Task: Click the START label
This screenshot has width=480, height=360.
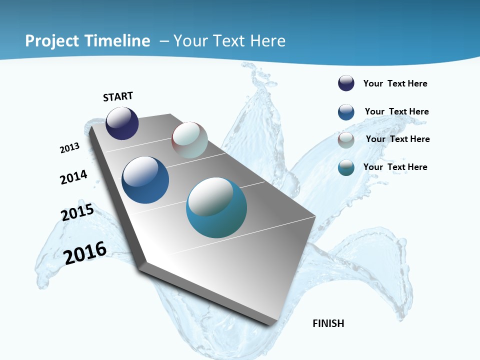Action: tap(118, 96)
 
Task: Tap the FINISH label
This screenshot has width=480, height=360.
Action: tap(328, 323)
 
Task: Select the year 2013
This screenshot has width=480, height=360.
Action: tap(69, 148)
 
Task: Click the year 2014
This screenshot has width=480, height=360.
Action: tap(73, 177)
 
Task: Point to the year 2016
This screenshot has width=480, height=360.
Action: tap(85, 253)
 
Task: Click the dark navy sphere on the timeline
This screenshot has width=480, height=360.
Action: tap(122, 123)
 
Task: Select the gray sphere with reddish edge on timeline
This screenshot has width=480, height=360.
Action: tap(189, 140)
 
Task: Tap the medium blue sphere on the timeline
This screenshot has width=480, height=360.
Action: tap(145, 180)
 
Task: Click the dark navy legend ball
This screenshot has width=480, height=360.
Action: tap(346, 83)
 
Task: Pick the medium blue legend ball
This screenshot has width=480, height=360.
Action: tap(346, 112)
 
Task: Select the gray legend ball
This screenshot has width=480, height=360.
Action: tap(346, 140)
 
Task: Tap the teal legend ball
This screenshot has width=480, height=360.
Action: tap(346, 167)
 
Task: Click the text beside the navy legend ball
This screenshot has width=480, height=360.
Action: tap(395, 83)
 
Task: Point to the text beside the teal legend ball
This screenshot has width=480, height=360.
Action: tap(395, 167)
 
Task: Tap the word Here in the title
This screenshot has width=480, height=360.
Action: tap(267, 40)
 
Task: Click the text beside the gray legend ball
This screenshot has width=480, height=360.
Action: tap(397, 139)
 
